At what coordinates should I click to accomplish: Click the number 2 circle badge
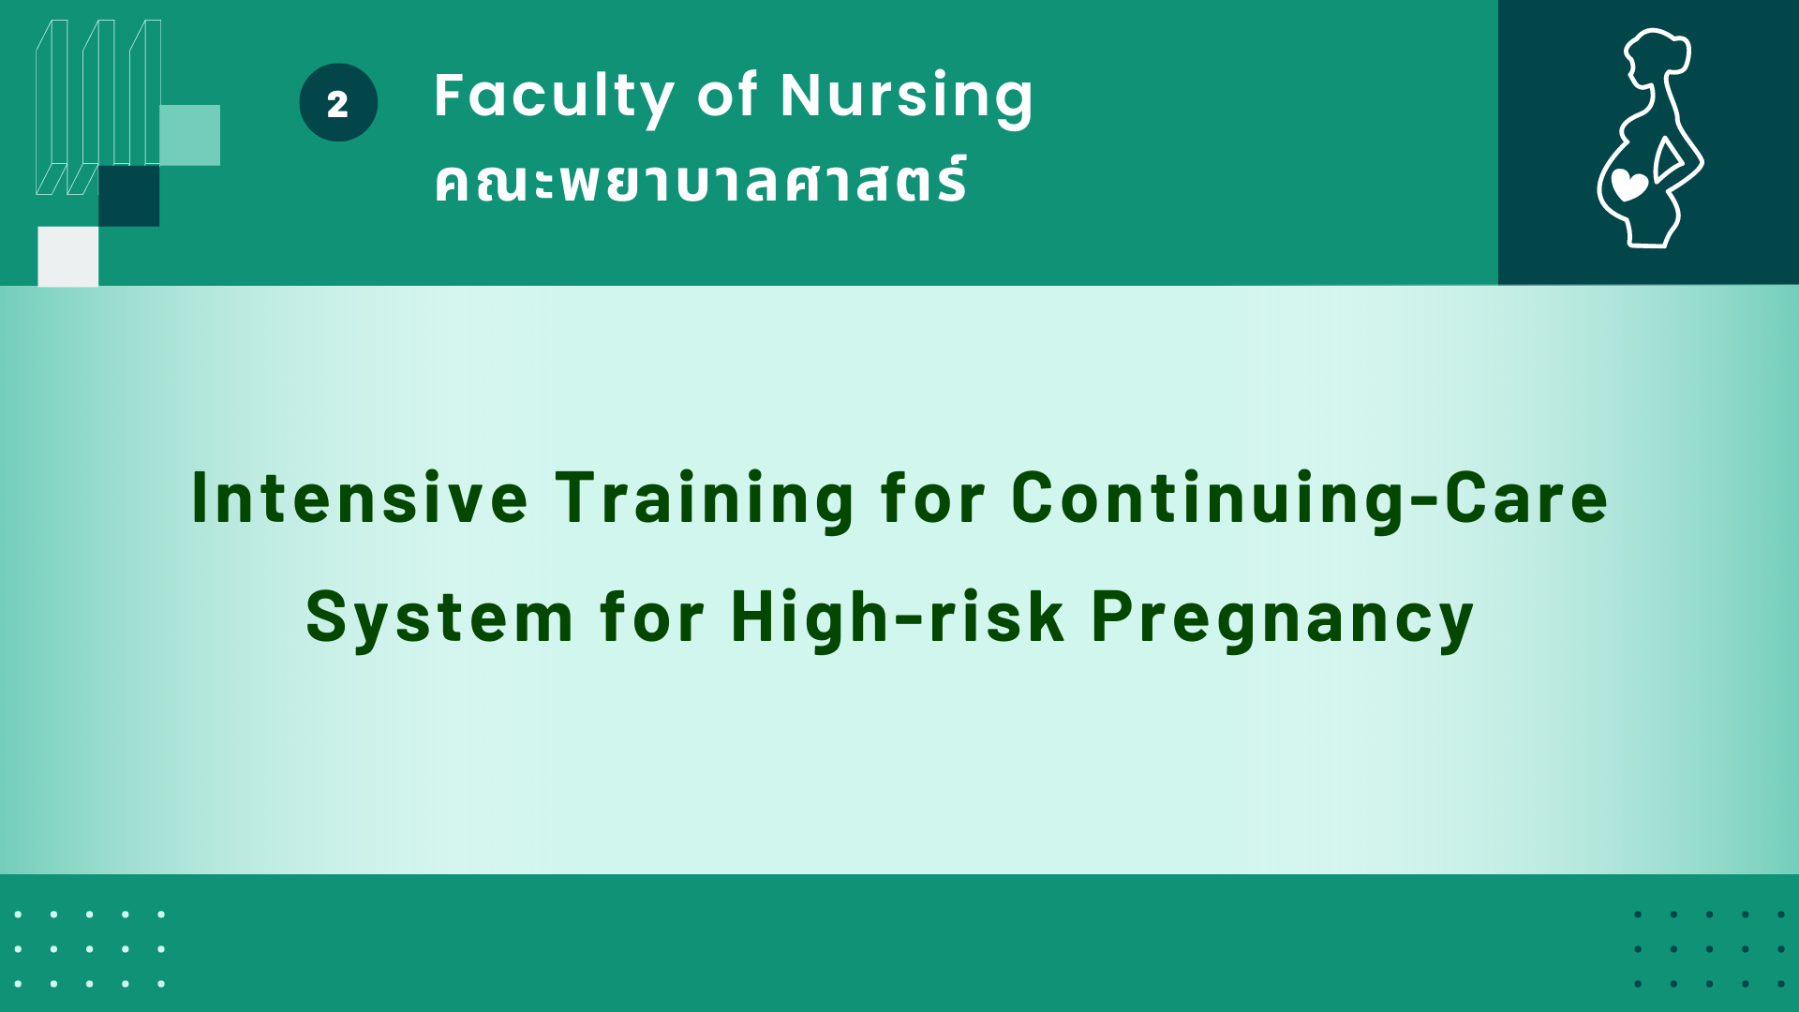338,102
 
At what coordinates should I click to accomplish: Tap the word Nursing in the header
907,97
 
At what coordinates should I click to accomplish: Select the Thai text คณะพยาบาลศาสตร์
700,180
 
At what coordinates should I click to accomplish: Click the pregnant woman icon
1650,139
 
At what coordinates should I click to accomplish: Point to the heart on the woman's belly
1629,186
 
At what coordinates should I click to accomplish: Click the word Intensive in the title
360,498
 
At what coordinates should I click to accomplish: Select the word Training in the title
705,500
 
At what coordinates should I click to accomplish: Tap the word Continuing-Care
1310,500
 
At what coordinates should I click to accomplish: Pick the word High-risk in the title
898,618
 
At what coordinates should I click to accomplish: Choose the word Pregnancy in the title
1283,620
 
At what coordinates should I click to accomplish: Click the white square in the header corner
67,256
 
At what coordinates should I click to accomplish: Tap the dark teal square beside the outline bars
128,196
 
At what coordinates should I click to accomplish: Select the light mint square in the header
189,135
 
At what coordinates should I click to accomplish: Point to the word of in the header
728,96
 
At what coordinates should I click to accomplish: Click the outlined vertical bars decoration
98,107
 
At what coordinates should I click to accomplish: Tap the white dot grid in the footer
90,949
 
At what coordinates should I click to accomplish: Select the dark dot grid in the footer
1710,949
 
